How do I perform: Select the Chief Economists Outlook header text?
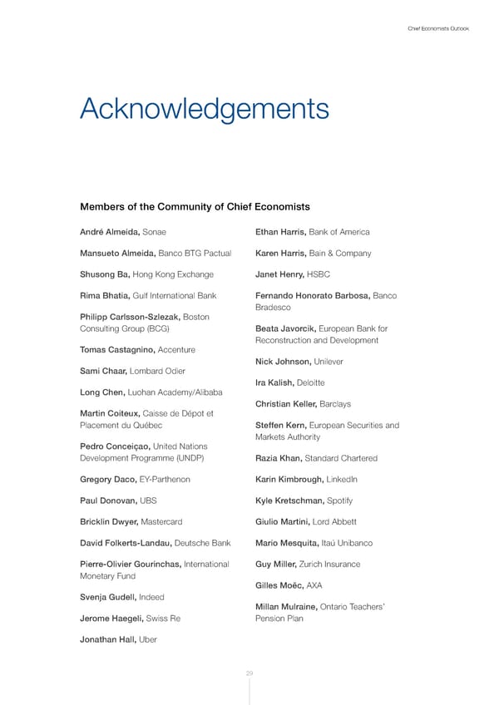click(438, 29)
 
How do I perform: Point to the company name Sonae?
click(158, 232)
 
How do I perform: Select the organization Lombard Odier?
click(156, 371)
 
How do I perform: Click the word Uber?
click(147, 639)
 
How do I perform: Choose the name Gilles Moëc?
click(279, 585)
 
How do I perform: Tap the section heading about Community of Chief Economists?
click(195, 206)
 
